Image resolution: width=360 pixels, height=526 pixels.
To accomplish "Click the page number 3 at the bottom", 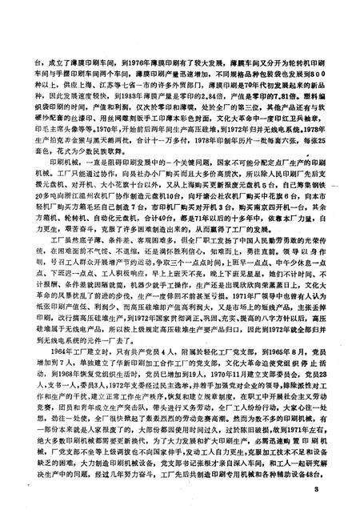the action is [316, 489].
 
